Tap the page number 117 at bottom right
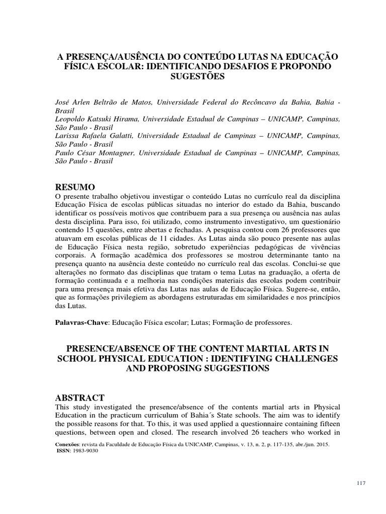point(360,483)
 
